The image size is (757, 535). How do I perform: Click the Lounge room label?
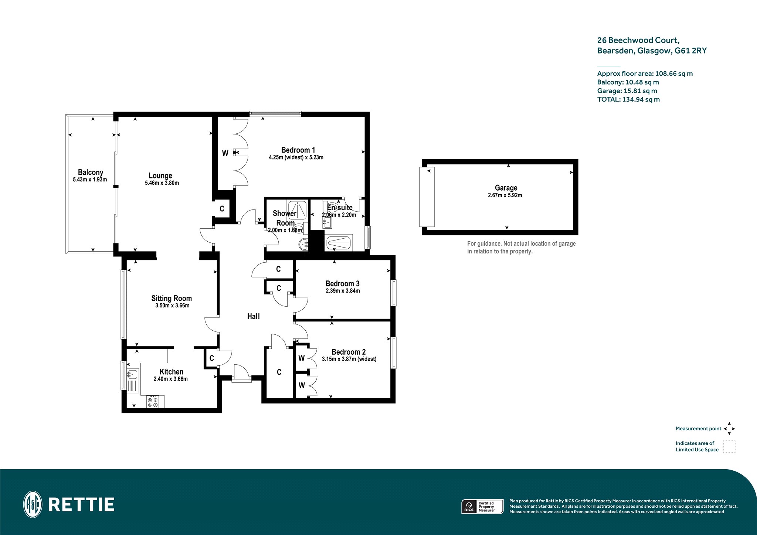(x=160, y=176)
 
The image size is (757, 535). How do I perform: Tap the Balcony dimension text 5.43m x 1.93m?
(x=90, y=180)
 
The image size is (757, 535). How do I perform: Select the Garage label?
(x=506, y=188)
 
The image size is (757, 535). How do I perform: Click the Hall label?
(x=254, y=316)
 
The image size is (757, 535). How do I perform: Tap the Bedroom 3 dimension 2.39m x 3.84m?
(x=343, y=291)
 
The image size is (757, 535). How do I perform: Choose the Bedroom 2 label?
(x=349, y=352)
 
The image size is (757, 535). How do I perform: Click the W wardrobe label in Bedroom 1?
(x=225, y=153)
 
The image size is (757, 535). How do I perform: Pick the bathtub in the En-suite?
(x=339, y=243)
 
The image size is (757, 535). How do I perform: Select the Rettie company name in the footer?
(x=82, y=505)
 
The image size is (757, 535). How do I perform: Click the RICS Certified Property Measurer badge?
(x=483, y=507)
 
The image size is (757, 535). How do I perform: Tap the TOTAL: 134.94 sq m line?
(x=628, y=99)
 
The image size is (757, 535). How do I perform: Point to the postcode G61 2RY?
(x=690, y=51)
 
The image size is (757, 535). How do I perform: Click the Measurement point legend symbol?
(x=729, y=429)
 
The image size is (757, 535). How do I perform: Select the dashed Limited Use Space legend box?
(x=729, y=446)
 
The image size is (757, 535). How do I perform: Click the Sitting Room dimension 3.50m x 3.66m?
(x=172, y=306)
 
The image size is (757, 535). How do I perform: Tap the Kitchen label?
(x=172, y=372)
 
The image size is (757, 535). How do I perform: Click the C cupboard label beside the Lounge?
(x=222, y=209)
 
